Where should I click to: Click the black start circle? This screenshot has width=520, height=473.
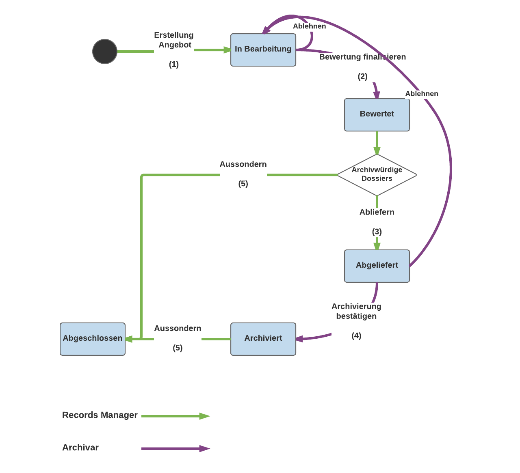click(105, 52)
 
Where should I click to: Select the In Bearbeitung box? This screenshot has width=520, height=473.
click(263, 49)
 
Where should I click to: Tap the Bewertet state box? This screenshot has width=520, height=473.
click(377, 114)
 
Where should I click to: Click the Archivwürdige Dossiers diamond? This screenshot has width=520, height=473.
click(377, 174)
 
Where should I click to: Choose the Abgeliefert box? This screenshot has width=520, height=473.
click(377, 266)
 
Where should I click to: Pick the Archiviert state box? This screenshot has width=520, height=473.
click(263, 339)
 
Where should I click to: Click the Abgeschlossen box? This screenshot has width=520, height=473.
click(93, 339)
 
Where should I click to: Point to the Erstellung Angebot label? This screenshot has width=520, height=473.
click(174, 40)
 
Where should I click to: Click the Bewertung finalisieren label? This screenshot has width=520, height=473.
click(362, 57)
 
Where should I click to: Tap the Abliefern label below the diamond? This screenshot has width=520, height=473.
click(377, 212)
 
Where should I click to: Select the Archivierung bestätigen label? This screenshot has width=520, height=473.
click(356, 311)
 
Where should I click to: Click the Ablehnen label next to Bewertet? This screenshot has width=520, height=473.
click(422, 94)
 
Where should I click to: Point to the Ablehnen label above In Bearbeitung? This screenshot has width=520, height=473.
click(310, 26)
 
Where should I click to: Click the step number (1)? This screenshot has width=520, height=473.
click(174, 64)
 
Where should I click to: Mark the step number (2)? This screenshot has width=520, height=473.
click(362, 77)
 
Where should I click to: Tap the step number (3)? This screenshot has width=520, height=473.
click(377, 232)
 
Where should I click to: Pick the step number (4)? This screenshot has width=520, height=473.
click(356, 335)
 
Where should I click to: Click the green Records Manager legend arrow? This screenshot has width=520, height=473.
click(175, 416)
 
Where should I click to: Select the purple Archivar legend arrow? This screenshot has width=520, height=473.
click(175, 449)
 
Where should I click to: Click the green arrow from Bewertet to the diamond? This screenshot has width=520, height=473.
click(377, 143)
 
